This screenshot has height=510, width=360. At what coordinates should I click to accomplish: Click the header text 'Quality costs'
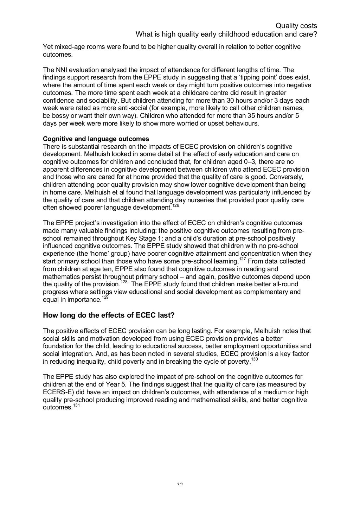point(296,26)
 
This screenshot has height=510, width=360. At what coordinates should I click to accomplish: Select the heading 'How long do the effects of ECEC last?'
point(109,315)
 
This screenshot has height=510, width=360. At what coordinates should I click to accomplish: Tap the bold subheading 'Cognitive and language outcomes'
point(96,139)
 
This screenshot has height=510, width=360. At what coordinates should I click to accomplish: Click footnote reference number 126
point(176,205)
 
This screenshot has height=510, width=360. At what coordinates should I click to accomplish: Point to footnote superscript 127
point(243,259)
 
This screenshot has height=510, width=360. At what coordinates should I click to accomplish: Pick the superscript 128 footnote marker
point(124,282)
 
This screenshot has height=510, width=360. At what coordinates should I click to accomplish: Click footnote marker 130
point(255,359)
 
